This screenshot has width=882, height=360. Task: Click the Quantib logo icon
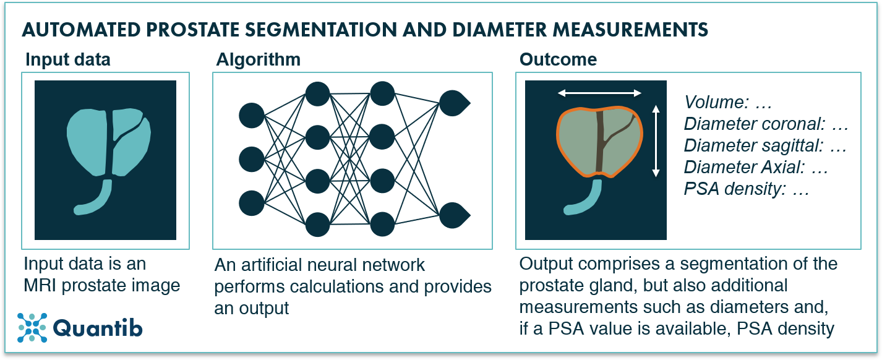click(x=32, y=327)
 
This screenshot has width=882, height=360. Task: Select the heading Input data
click(x=67, y=60)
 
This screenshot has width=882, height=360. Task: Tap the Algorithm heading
click(x=258, y=60)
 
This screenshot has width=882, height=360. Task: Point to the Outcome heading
click(x=558, y=60)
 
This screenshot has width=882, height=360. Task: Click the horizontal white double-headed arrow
click(x=599, y=93)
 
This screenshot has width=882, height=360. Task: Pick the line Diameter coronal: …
click(x=765, y=124)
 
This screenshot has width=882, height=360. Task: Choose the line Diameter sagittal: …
click(x=765, y=146)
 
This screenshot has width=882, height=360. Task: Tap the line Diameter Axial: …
click(x=756, y=168)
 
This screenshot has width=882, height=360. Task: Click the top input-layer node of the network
click(x=251, y=116)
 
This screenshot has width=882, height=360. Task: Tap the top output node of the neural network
click(x=452, y=103)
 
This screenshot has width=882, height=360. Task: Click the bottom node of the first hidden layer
click(x=317, y=224)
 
